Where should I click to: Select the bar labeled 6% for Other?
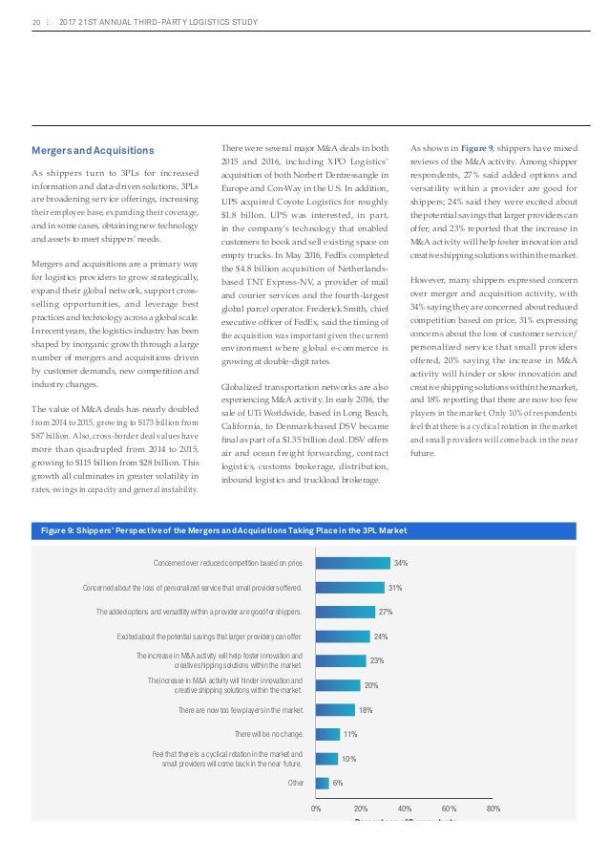point(322,784)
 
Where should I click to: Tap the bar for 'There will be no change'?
point(327,734)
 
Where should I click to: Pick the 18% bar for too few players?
point(335,710)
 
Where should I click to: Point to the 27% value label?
point(387,611)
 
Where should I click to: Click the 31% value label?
point(394,587)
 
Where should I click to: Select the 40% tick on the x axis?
point(405,809)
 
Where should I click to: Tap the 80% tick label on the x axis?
point(493,809)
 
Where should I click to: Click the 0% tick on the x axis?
point(316,809)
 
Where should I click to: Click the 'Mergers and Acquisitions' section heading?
point(93,150)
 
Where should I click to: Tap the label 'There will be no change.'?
point(269,734)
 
